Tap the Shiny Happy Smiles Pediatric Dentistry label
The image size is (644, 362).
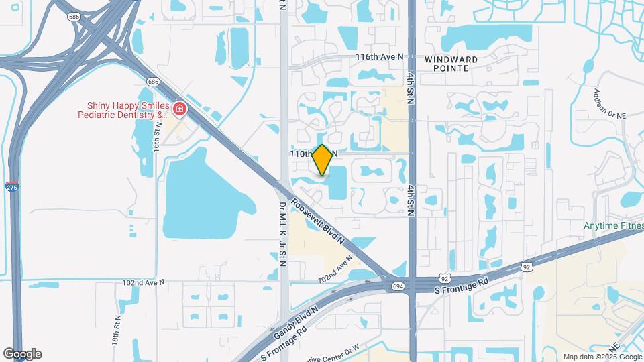click(127, 110)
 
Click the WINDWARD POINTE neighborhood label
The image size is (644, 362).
click(451, 64)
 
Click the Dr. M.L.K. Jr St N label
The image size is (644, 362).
click(283, 234)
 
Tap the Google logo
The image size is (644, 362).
click(22, 353)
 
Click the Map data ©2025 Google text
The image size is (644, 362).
click(601, 357)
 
